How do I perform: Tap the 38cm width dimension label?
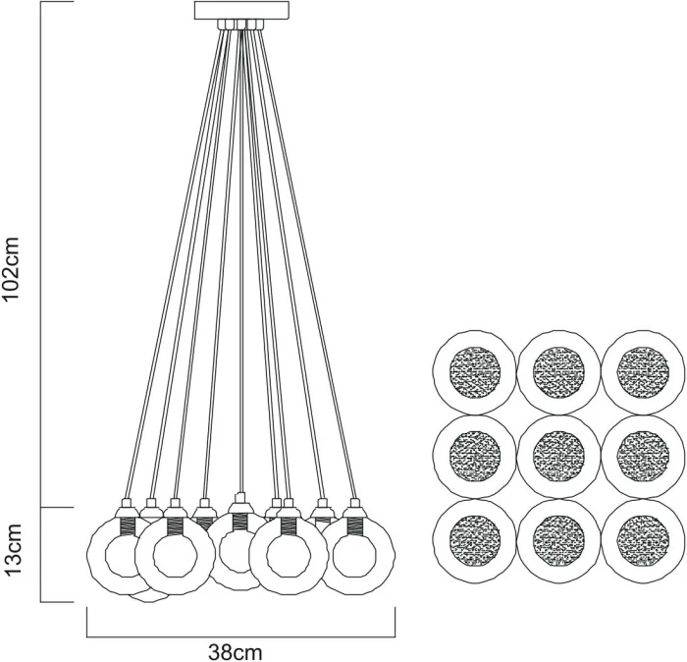tap(236, 650)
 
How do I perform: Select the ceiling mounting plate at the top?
tap(241, 11)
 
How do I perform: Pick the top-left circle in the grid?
tap(475, 373)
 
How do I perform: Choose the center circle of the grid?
tap(559, 457)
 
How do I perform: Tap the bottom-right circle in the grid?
tap(643, 541)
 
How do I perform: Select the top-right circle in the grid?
tap(643, 373)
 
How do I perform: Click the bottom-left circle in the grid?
tap(475, 541)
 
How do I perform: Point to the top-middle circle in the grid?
tap(559, 373)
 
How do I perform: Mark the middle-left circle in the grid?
tap(475, 457)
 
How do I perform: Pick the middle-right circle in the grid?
tap(643, 457)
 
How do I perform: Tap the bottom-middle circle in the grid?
tap(559, 541)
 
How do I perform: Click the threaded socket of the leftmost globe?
tap(126, 524)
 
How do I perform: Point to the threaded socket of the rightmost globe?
tap(354, 524)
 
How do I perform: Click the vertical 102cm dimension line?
tap(40, 255)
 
